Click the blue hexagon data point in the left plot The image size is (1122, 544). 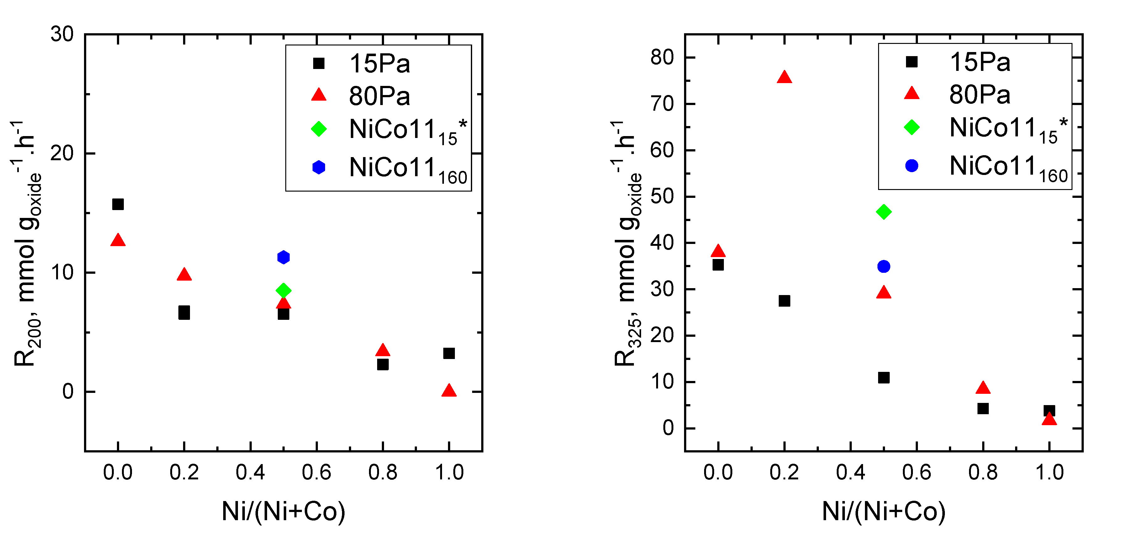(283, 257)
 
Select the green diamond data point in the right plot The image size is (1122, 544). (884, 212)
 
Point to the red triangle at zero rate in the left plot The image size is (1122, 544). (449, 391)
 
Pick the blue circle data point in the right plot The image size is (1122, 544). (884, 267)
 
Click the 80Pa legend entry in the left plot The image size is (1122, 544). (379, 96)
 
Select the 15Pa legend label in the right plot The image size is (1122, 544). (980, 62)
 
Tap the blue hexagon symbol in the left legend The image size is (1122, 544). (319, 167)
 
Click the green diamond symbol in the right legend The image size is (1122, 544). (912, 127)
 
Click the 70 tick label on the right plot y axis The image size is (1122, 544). (662, 104)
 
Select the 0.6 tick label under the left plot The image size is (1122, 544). (317, 473)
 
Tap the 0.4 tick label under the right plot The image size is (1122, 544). (851, 473)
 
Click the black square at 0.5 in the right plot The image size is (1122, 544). (884, 378)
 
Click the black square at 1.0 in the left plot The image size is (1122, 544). (449, 353)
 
